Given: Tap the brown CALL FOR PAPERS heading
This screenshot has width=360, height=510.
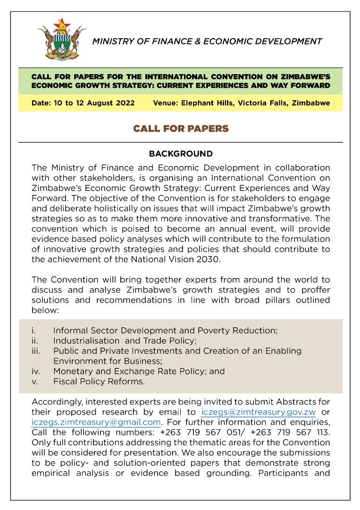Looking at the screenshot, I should click(x=181, y=128).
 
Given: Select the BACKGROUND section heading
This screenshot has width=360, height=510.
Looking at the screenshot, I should click(x=181, y=154).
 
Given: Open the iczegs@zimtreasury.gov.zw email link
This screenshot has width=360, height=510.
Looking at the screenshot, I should click(x=258, y=413).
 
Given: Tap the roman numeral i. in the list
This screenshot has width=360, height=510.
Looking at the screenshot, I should click(x=33, y=331).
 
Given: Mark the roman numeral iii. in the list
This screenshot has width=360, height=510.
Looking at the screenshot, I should click(x=36, y=351).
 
